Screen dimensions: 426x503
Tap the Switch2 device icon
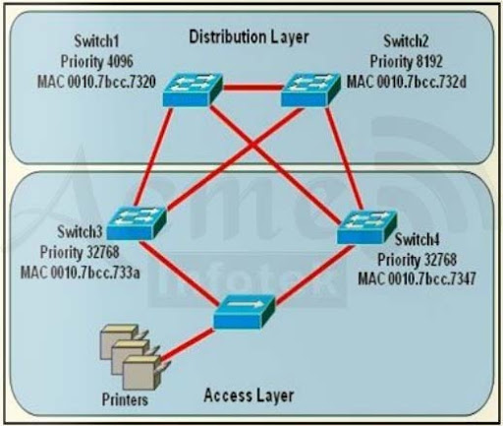coord(309,90)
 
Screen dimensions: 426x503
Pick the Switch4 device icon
coord(364,229)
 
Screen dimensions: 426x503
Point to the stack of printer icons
coord(126,359)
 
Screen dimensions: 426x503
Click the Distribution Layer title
coord(248,37)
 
